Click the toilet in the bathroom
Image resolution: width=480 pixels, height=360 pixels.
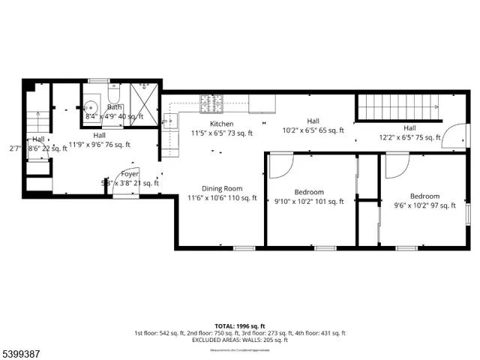[114, 95]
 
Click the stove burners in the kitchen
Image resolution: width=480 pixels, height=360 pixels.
[211, 101]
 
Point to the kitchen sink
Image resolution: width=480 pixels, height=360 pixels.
[171, 121]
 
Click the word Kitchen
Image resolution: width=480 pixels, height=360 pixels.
[221, 124]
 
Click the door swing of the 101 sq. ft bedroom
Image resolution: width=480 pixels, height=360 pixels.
[279, 165]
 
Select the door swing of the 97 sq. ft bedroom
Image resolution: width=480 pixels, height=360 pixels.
[395, 165]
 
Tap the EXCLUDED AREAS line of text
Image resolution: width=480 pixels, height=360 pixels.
[239, 340]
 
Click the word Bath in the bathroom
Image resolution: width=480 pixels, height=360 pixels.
[114, 107]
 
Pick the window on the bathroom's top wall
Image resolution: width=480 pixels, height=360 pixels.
[99, 80]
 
